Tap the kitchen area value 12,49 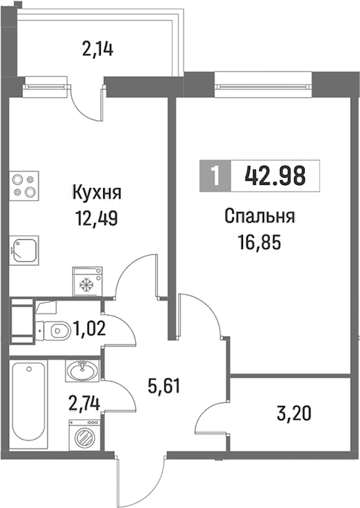(x=96, y=219)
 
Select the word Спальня (x=260, y=217)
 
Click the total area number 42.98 (x=275, y=175)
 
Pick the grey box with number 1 (x=215, y=175)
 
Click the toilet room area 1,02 (x=89, y=329)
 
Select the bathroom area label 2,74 (x=84, y=404)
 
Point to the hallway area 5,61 (x=163, y=386)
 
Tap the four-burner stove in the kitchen (x=24, y=185)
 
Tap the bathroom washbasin (x=83, y=370)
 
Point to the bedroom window (x=263, y=86)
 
